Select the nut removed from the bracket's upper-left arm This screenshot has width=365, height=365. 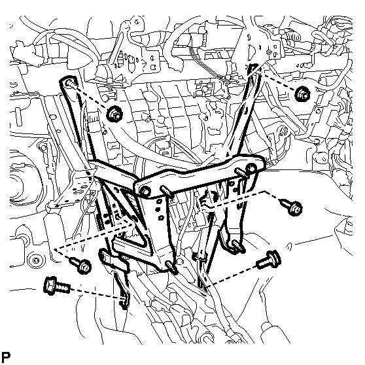click(x=114, y=114)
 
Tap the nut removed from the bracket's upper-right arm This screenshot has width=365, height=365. click(x=302, y=94)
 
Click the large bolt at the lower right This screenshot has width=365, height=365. click(x=269, y=259)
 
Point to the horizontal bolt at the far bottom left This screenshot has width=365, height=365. click(x=56, y=286)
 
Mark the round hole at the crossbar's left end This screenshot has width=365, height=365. click(x=146, y=191)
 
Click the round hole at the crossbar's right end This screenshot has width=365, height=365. click(x=251, y=167)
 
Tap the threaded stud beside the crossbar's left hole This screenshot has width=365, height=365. click(x=166, y=190)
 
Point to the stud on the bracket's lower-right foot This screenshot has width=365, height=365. click(x=238, y=247)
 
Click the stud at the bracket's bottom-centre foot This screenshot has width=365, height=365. click(x=171, y=267)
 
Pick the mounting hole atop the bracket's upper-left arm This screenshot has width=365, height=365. click(x=69, y=82)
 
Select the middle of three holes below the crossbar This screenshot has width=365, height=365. click(x=158, y=209)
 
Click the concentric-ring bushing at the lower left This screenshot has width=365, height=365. click(x=35, y=260)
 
